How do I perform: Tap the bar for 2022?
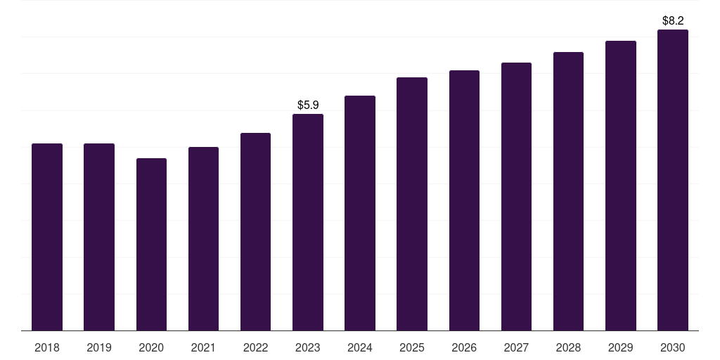click(255, 231)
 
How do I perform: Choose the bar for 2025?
click(412, 204)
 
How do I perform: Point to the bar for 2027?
click(516, 196)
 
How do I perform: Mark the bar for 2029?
click(621, 186)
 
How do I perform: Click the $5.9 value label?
click(308, 105)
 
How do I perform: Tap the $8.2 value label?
click(673, 20)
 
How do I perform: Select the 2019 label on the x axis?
click(99, 347)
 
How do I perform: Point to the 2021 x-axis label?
click(203, 347)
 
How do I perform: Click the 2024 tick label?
click(360, 347)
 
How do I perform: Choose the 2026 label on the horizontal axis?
click(464, 347)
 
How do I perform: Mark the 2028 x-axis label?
click(568, 347)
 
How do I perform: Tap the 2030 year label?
click(673, 347)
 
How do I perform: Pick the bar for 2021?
click(203, 238)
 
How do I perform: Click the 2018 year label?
click(47, 347)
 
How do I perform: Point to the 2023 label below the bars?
click(308, 347)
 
